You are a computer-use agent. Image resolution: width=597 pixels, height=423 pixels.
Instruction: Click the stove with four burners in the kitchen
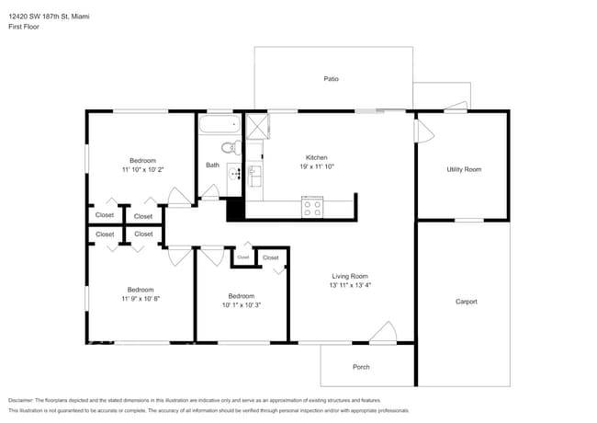312,208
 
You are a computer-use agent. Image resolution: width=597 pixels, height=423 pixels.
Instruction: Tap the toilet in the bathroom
229,147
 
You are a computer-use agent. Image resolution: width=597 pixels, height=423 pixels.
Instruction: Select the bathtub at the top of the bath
220,123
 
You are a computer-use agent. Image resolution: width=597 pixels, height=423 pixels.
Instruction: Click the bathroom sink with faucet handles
233,172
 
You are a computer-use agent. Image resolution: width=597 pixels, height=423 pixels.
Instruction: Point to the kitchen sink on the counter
254,172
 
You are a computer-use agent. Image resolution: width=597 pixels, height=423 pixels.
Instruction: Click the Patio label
332,79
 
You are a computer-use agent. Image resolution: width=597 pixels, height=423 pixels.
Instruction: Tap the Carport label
466,301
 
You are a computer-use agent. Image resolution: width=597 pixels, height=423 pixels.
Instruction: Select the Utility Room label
464,169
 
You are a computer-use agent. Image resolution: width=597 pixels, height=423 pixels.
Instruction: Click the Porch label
361,367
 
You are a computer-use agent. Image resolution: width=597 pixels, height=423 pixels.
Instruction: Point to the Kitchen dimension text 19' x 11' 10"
316,167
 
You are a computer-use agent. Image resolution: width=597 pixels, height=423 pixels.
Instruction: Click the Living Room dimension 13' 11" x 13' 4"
350,285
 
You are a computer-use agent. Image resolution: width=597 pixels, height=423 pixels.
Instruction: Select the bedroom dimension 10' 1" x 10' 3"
241,305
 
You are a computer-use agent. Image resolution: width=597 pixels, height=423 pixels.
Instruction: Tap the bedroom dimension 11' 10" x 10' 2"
142,170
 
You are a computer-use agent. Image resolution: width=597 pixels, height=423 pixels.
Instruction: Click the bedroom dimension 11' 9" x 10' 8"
140,298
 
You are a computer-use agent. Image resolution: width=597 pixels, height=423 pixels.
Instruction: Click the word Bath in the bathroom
212,166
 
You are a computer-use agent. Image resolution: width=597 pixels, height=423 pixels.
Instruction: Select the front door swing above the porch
384,332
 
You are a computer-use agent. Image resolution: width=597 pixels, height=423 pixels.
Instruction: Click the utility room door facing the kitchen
422,131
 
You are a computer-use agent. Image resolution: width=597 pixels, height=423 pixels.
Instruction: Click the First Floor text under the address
25,27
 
